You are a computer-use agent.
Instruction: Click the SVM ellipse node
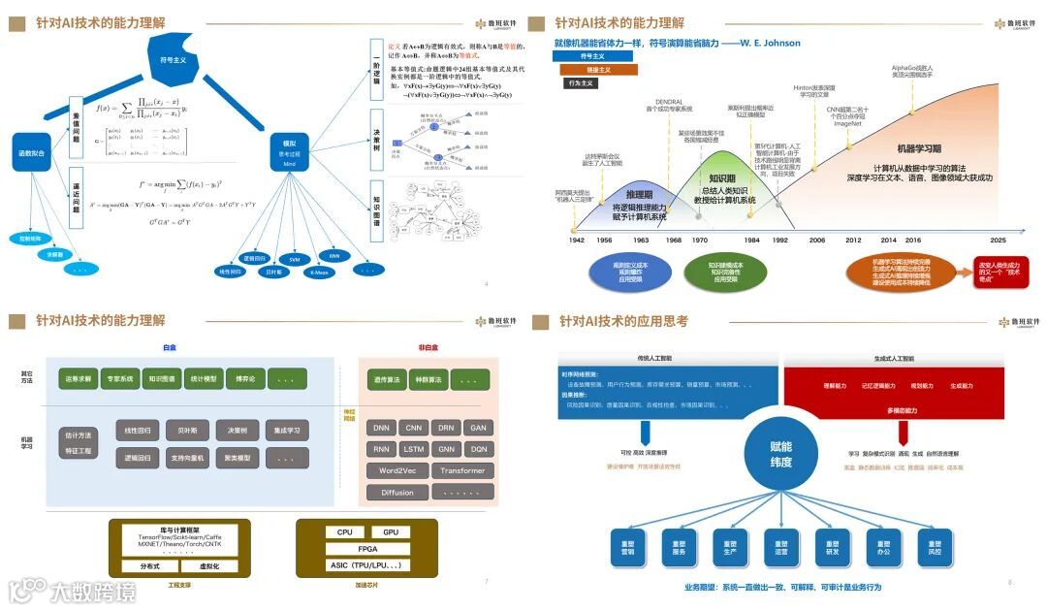[295, 260]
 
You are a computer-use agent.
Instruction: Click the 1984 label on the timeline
[752, 240]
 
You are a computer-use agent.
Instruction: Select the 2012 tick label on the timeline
[852, 240]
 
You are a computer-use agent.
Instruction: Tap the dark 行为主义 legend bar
[581, 83]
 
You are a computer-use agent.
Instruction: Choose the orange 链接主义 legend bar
[598, 70]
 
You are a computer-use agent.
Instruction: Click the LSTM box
[414, 449]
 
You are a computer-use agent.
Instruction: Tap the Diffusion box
[397, 492]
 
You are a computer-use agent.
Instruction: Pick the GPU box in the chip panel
[391, 532]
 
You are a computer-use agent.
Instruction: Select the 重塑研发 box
[826, 549]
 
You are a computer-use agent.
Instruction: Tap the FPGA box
[367, 549]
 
